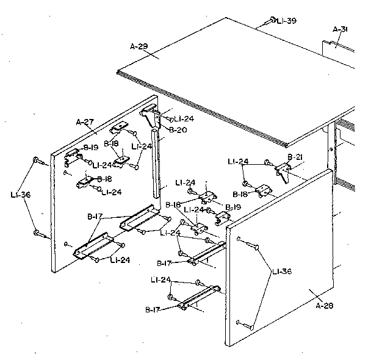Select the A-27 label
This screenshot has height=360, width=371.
pyautogui.click(x=85, y=122)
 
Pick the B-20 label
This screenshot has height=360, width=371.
pyautogui.click(x=178, y=130)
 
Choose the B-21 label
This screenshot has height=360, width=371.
pyautogui.click(x=295, y=157)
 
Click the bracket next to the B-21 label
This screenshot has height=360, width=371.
pyautogui.click(x=283, y=170)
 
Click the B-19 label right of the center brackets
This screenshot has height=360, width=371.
pyautogui.click(x=233, y=207)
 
